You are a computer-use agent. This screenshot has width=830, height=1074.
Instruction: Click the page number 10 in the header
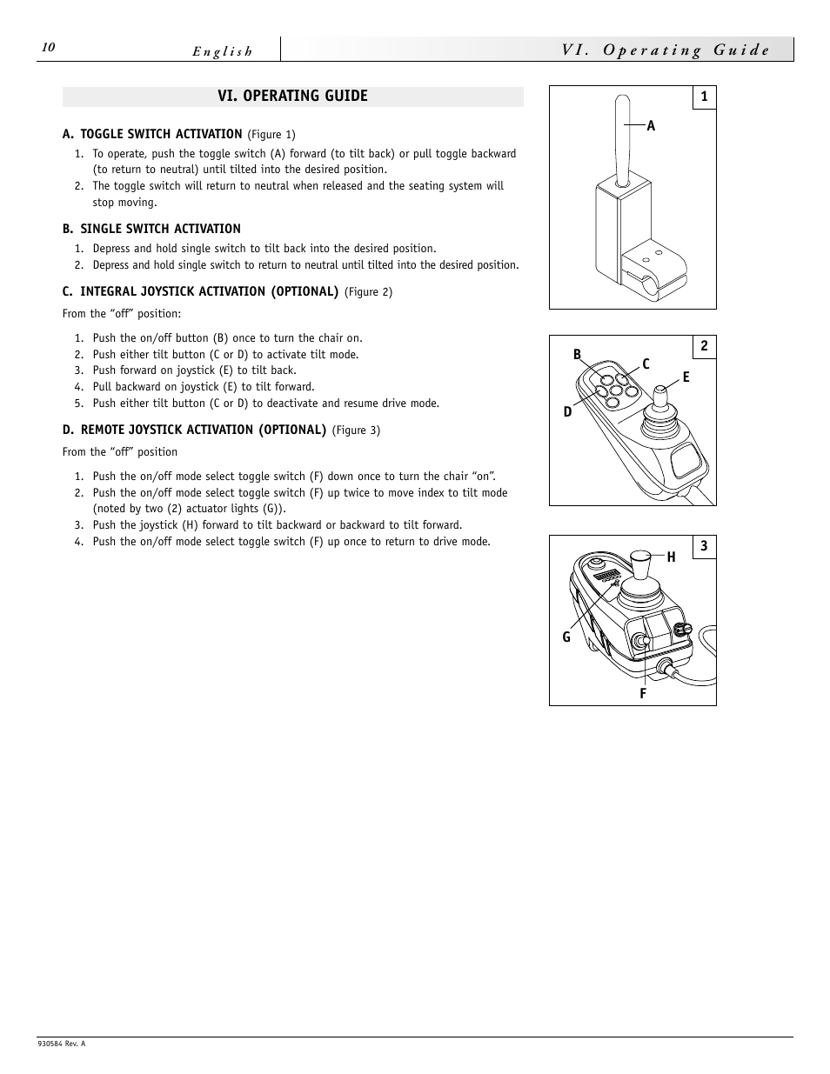(x=48, y=48)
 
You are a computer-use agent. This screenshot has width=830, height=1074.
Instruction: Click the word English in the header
(x=223, y=51)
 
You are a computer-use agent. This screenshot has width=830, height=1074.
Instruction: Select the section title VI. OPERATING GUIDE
(x=292, y=96)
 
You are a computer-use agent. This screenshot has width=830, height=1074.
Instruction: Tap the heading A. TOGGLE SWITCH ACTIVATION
(x=152, y=134)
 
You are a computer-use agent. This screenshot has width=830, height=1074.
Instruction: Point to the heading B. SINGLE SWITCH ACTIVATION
(x=151, y=229)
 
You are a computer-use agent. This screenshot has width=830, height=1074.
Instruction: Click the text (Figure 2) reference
(x=368, y=292)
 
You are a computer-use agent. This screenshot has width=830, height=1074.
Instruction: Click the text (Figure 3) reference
(x=356, y=430)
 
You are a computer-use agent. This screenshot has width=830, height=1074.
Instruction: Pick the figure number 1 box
(x=704, y=97)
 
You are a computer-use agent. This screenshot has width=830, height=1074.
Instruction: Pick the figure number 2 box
(x=704, y=346)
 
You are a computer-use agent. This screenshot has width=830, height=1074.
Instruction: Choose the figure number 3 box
(x=704, y=546)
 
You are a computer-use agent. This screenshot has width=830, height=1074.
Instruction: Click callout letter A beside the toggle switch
(x=651, y=126)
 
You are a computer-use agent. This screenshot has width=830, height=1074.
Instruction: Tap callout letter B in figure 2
(x=577, y=355)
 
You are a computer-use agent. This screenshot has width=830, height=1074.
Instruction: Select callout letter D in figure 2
(x=568, y=411)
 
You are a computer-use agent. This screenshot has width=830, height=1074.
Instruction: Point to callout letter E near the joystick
(x=686, y=377)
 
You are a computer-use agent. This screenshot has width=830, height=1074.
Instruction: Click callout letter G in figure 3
(x=566, y=637)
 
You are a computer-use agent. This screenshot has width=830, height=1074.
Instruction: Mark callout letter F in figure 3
(x=643, y=693)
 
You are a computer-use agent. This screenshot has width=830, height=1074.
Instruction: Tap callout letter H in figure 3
(x=671, y=557)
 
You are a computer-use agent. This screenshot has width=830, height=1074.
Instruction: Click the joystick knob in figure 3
(x=641, y=565)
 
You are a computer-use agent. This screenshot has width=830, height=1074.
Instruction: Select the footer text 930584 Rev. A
(x=62, y=1044)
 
